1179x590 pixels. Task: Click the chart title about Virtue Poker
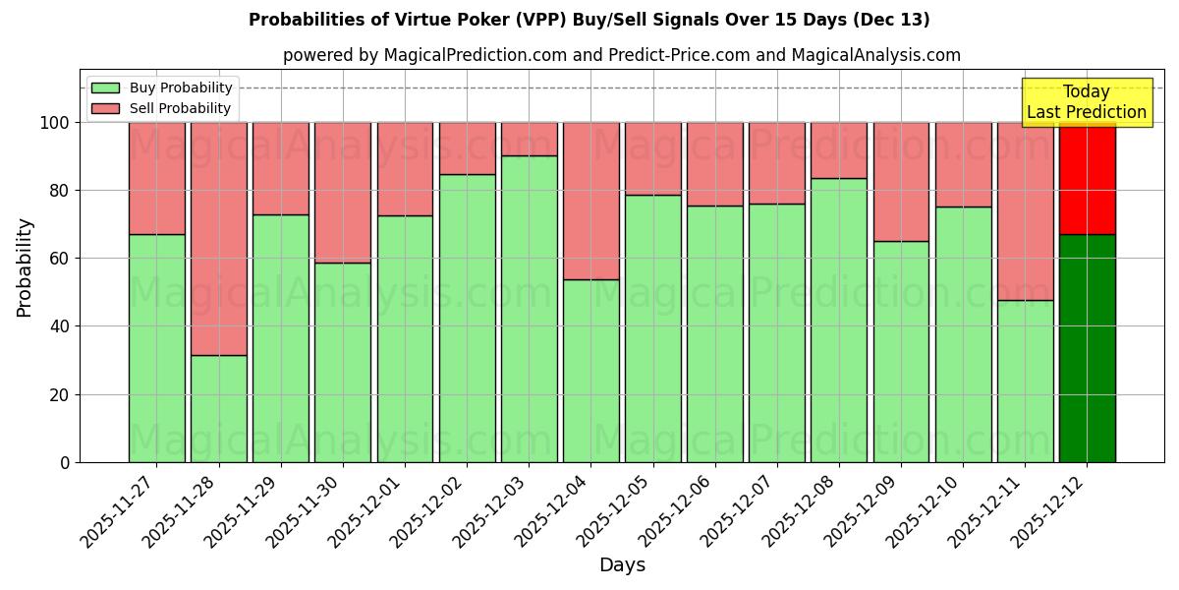589,20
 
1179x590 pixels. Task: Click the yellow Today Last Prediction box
1086,102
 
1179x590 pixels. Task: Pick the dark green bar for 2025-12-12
1087,348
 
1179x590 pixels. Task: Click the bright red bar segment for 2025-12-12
1087,178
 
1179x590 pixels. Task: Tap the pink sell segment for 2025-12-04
590,201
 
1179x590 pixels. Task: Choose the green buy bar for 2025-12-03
529,309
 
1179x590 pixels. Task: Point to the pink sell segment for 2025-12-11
1025,210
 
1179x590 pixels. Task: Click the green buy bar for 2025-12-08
839,320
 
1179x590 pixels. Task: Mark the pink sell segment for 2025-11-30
343,192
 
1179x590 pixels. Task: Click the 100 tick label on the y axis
55,123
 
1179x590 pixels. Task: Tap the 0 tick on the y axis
65,462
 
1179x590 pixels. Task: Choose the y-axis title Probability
25,267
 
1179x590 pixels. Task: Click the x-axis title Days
622,565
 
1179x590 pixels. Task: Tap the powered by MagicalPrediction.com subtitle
621,55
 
